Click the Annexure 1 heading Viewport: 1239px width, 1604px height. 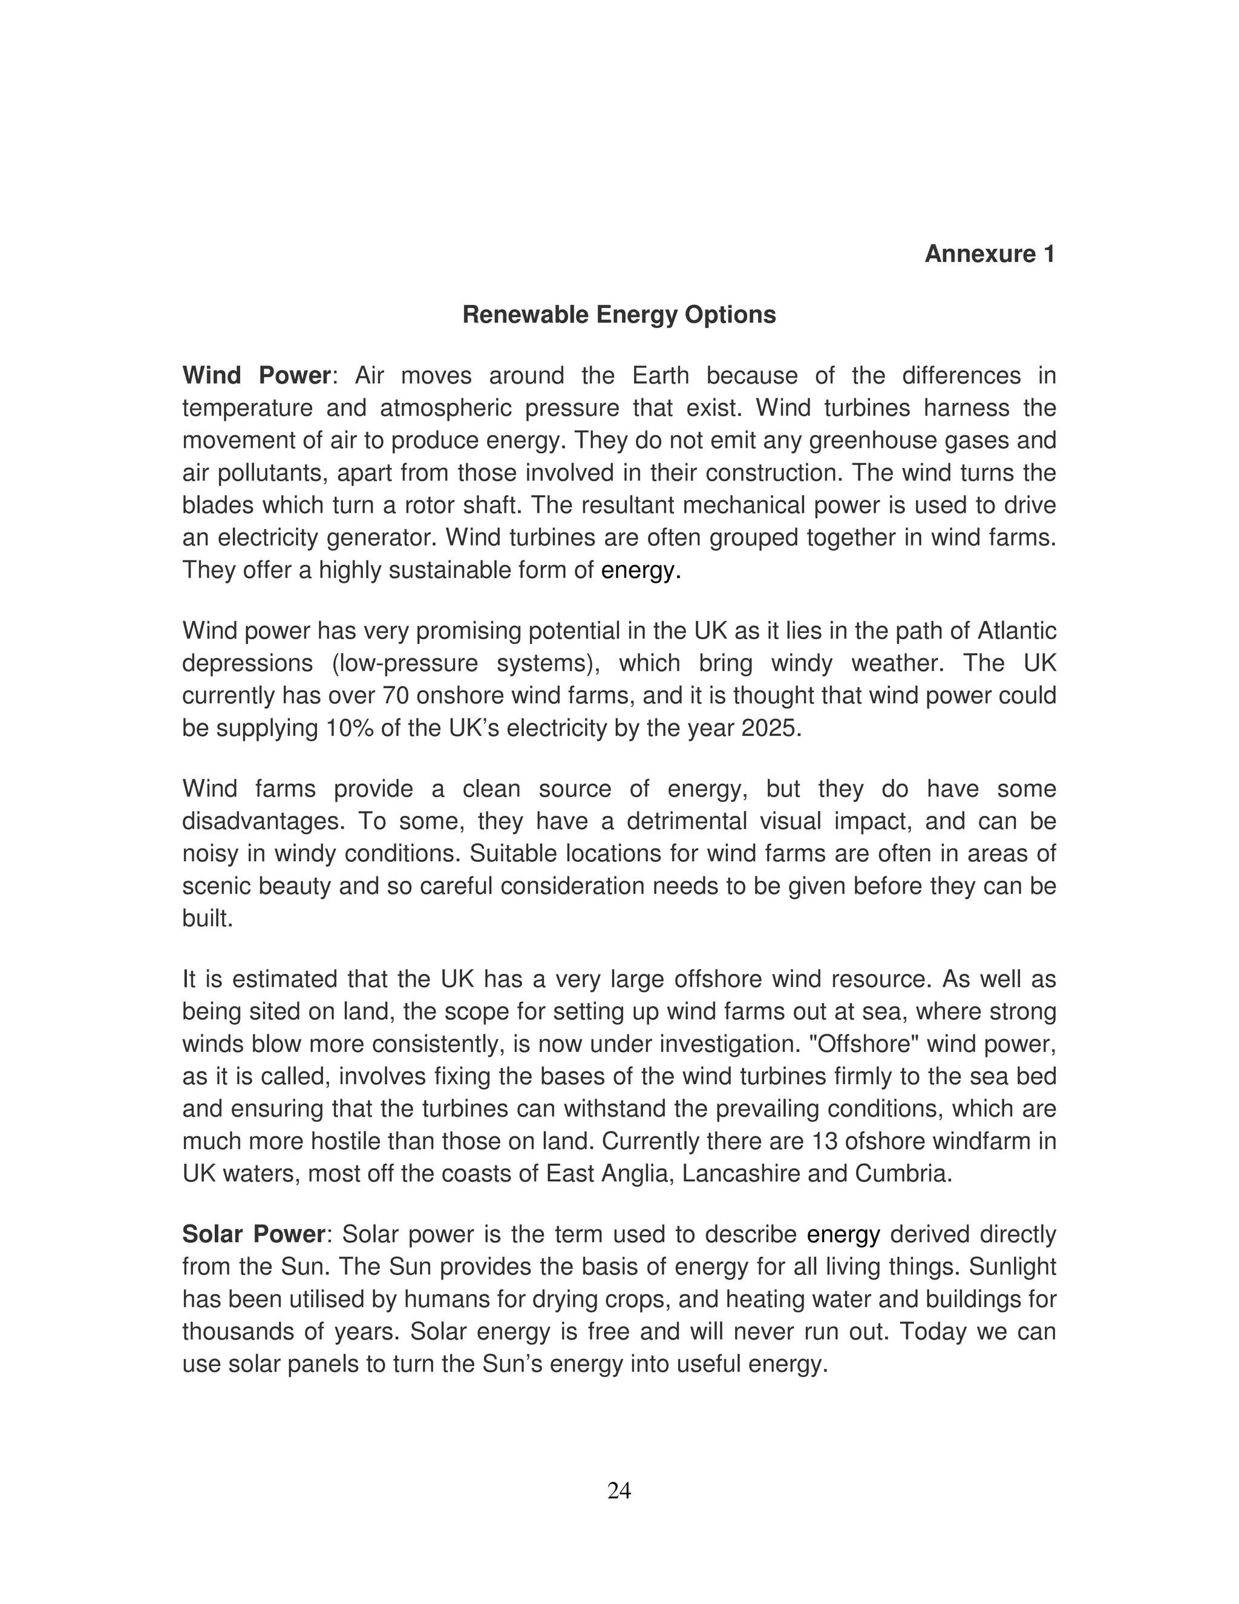click(989, 254)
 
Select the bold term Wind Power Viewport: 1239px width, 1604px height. click(256, 375)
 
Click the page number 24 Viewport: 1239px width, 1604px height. click(619, 1490)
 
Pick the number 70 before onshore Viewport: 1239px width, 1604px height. click(399, 695)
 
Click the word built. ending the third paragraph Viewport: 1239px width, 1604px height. click(207, 919)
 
